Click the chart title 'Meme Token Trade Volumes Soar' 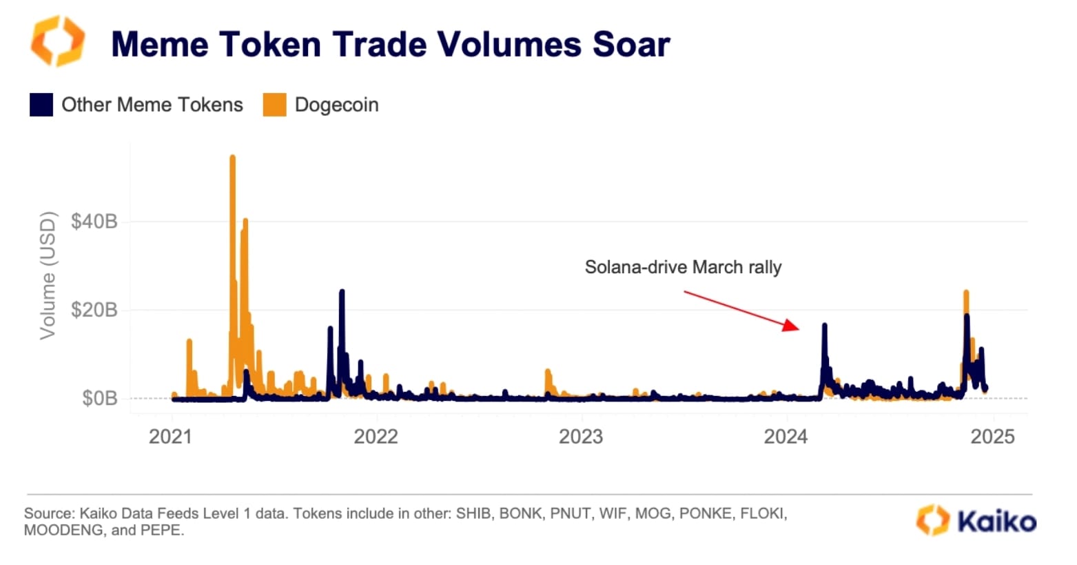point(390,44)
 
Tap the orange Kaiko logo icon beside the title point(58,41)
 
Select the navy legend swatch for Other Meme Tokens point(41,105)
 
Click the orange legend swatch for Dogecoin point(274,105)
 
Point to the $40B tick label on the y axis point(94,221)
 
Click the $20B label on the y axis point(94,310)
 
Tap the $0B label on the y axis point(99,398)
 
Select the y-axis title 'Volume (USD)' point(47,276)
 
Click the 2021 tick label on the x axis point(171,436)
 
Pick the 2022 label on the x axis point(376,436)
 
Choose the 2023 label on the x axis point(581,436)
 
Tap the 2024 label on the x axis point(786,436)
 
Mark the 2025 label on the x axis point(992,436)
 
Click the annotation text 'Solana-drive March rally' point(683,267)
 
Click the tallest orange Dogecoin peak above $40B point(232,158)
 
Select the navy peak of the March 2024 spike point(824,326)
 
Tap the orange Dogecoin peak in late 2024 point(966,293)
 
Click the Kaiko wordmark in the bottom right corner point(996,522)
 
